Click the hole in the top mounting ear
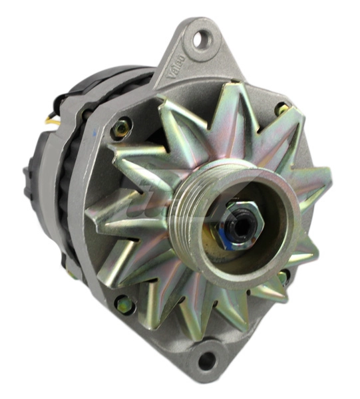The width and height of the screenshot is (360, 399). pyautogui.click(x=202, y=39)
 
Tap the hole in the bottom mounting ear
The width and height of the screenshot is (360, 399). pyautogui.click(x=207, y=360)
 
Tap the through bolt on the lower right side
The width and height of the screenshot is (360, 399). pyautogui.click(x=285, y=276)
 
